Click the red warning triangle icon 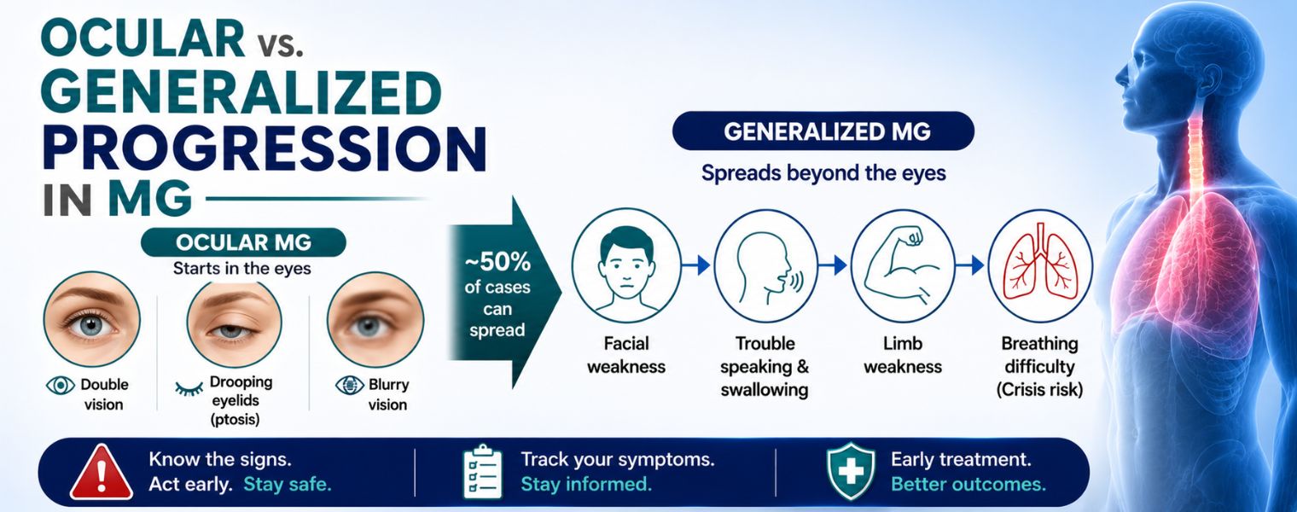coord(102,474)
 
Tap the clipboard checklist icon coord(483,472)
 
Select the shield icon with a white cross coord(851,471)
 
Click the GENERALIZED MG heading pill coord(823,131)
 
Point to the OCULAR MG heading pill coord(244,242)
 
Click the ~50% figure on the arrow coord(497,262)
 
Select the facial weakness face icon coord(626,265)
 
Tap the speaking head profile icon coord(765,265)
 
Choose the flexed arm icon coord(903,265)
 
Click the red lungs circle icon coord(1040,265)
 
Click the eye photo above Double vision coord(91,320)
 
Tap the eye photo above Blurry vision coord(375,320)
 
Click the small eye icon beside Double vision coord(61,385)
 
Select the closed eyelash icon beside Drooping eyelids coord(189,387)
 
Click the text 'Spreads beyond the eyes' coord(823,173)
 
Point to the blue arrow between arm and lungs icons coord(970,265)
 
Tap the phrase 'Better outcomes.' coord(968,484)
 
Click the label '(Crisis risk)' coord(1039,390)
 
